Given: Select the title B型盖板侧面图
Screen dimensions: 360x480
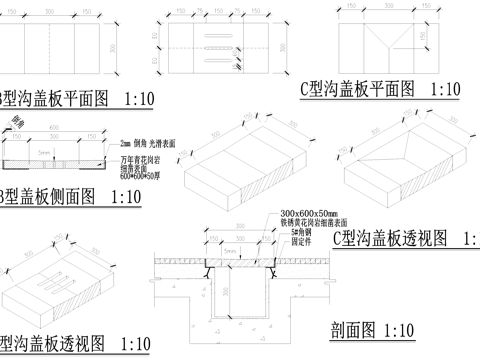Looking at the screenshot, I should tap(44, 196).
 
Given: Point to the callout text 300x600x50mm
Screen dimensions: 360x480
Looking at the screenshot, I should tap(309, 214).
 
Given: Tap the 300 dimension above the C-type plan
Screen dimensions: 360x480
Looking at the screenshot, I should tap(382, 7).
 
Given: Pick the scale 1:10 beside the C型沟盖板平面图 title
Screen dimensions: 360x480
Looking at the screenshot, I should tap(443, 89).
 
